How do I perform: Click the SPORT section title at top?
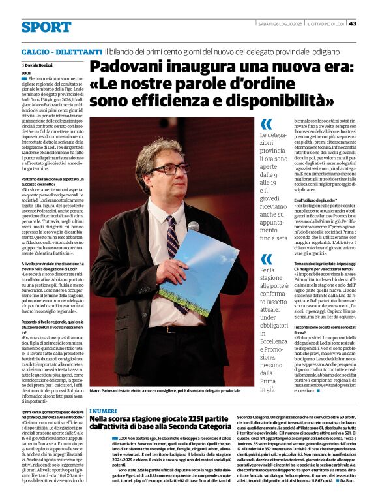click(x=46, y=27)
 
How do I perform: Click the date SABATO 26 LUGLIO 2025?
click(x=280, y=23)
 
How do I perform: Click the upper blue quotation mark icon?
click(x=266, y=124)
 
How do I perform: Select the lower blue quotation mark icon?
click(x=266, y=259)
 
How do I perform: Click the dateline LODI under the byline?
click(x=26, y=73)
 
